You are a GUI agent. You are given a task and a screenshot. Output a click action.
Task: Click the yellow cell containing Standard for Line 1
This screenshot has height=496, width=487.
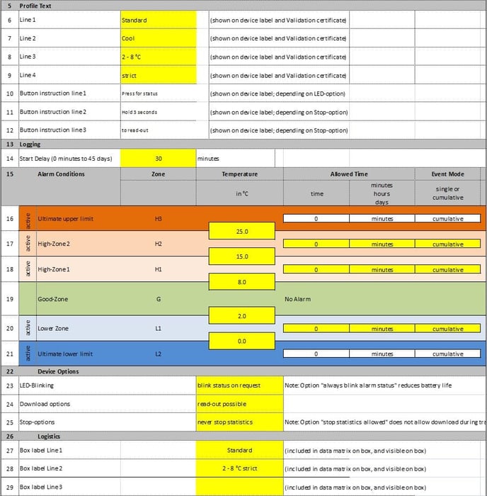(x=158, y=20)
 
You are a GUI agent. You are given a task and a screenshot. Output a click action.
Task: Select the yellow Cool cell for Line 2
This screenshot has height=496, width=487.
(x=158, y=38)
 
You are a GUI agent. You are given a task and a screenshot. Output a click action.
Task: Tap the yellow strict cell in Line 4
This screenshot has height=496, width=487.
(x=158, y=75)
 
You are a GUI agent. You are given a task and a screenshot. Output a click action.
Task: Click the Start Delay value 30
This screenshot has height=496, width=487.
(x=158, y=159)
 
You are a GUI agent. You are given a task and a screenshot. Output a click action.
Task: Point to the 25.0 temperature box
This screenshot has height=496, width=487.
(x=241, y=231)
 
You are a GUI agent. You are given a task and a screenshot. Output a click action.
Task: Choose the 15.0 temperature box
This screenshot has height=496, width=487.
(x=241, y=257)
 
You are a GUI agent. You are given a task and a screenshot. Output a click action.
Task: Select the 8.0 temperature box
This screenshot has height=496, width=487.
(x=241, y=282)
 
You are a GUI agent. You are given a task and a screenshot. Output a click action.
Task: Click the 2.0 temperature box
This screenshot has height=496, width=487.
(x=241, y=315)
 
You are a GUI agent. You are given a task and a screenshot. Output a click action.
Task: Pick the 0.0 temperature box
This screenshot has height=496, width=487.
(x=241, y=341)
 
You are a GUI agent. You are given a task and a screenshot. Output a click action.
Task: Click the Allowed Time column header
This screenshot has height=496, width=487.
(x=349, y=174)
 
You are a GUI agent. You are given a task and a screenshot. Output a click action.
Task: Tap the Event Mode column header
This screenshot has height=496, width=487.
(x=447, y=174)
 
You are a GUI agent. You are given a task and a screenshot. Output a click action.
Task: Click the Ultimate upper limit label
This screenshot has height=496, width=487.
(x=65, y=218)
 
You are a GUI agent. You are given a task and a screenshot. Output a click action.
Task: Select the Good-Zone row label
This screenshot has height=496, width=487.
(x=52, y=299)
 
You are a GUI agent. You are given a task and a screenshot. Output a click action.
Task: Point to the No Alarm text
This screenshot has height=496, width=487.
(x=298, y=299)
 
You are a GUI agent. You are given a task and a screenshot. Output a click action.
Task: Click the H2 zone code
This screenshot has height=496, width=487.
(x=158, y=244)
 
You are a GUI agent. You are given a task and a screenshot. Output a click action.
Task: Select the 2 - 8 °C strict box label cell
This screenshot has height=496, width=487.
(x=239, y=468)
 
